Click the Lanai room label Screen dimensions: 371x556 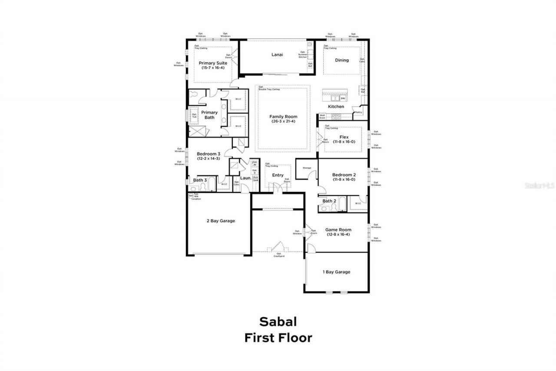(x=277, y=55)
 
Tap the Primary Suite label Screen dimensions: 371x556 (x=213, y=63)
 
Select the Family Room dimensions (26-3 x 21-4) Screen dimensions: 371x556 (x=283, y=121)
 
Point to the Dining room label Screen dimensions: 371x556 (x=342, y=60)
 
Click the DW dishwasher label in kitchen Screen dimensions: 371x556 (x=343, y=98)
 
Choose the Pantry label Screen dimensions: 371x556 (x=358, y=112)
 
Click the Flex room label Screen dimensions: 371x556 (x=344, y=137)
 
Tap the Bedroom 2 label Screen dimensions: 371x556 (x=344, y=174)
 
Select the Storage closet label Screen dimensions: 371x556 (x=307, y=167)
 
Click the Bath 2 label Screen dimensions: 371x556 (x=329, y=201)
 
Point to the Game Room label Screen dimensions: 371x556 (x=338, y=230)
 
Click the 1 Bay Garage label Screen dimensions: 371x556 (x=336, y=272)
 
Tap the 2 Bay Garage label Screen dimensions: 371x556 (x=221, y=221)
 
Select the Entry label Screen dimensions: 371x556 (x=278, y=175)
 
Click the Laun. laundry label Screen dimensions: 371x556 (x=245, y=178)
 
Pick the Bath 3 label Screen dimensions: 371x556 (x=200, y=180)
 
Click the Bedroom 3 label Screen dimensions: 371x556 (x=208, y=154)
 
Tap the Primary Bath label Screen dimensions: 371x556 (x=209, y=115)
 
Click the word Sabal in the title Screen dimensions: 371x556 (x=278, y=321)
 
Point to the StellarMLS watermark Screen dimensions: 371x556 (x=540, y=185)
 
